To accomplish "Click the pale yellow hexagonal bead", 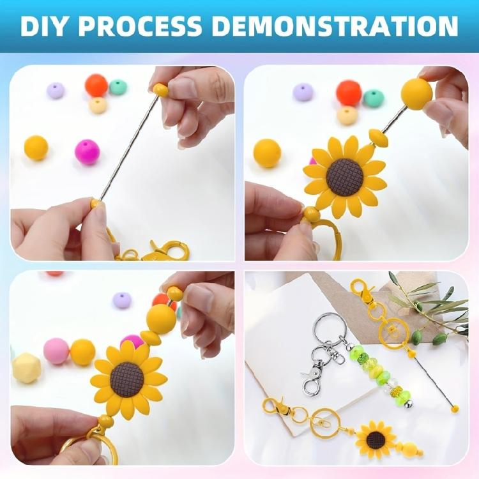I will point(26,367).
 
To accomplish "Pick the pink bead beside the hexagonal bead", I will point(56,351).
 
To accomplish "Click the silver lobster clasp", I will point(312,380).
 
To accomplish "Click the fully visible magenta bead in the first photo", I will point(87,152).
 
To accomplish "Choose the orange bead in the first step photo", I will point(96,85).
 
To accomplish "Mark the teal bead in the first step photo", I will point(118,87).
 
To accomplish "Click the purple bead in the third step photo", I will point(121,300).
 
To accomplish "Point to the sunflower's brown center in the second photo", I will point(346,177).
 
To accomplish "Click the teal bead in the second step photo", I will point(374,98).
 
